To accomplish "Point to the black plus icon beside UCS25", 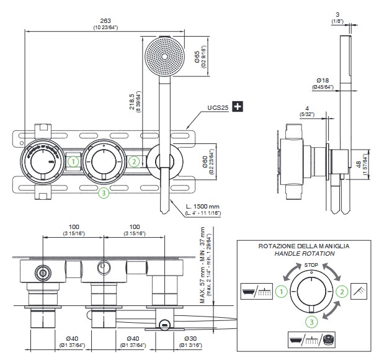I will tap(236, 107).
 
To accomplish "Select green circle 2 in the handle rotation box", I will tap(341, 290).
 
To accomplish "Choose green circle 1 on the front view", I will tap(73, 161).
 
